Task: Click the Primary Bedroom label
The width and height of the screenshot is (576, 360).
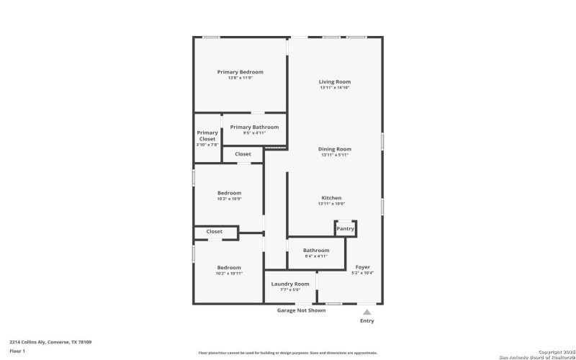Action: pyautogui.click(x=240, y=72)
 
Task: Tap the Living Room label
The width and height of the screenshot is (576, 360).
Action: pyautogui.click(x=335, y=82)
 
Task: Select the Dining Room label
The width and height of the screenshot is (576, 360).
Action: pyautogui.click(x=335, y=149)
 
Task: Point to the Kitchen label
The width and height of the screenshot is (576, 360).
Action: pyautogui.click(x=331, y=198)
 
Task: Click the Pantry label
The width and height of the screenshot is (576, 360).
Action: pyautogui.click(x=346, y=229)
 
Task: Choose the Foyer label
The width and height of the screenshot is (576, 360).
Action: pyautogui.click(x=363, y=267)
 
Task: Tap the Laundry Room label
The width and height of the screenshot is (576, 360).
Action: pyautogui.click(x=290, y=284)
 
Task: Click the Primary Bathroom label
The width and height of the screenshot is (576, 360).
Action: pyautogui.click(x=254, y=127)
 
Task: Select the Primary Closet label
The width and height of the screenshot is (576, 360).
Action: pyautogui.click(x=207, y=135)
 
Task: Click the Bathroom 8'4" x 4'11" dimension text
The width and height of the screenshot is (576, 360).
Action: pyautogui.click(x=316, y=256)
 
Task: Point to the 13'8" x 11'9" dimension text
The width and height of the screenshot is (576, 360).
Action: pyautogui.click(x=240, y=78)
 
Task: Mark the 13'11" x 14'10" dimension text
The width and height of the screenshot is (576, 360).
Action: pyautogui.click(x=335, y=88)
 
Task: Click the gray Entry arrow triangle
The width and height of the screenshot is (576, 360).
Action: pyautogui.click(x=366, y=312)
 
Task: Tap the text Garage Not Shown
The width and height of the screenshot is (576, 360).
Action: pyautogui.click(x=301, y=310)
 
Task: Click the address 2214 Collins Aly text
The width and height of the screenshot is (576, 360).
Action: pyautogui.click(x=50, y=342)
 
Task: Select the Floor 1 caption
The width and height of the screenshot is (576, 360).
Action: pyautogui.click(x=17, y=351)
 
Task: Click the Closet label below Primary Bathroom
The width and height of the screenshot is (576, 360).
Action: pyautogui.click(x=243, y=154)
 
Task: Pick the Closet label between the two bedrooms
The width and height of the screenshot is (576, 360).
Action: pyautogui.click(x=215, y=232)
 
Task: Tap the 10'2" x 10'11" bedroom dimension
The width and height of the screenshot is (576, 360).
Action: pyautogui.click(x=229, y=274)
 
